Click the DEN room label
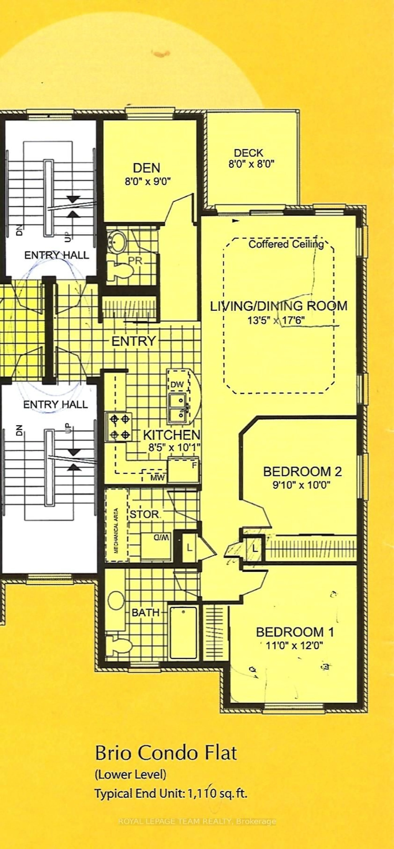coord(147,168)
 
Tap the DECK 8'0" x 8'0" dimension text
coord(251,164)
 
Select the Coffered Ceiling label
coord(286,244)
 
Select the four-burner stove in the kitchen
coord(119,427)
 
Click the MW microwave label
coord(157,478)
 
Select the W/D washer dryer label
coord(161,538)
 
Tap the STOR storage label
coord(144,515)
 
